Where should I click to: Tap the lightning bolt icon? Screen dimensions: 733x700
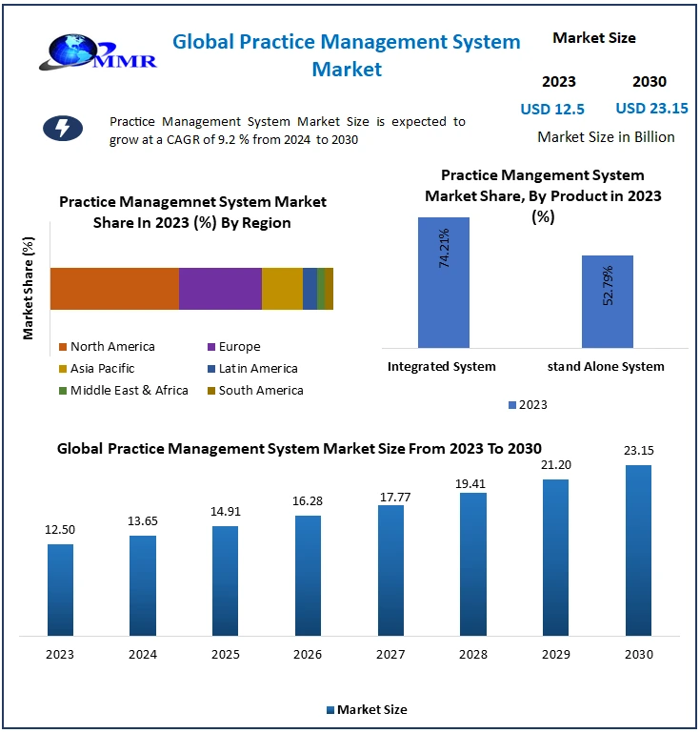click(x=63, y=129)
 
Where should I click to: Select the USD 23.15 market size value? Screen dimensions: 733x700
click(x=651, y=109)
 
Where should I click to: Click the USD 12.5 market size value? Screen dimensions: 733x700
click(x=552, y=109)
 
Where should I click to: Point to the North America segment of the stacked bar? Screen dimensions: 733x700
click(x=114, y=289)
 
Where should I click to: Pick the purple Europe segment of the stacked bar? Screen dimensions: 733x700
click(x=220, y=289)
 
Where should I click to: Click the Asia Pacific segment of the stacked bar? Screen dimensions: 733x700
click(x=282, y=289)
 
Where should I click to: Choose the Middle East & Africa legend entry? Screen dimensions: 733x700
click(x=124, y=390)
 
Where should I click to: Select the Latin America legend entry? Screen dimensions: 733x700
click(x=252, y=368)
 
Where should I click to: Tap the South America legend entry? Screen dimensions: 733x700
click(x=254, y=390)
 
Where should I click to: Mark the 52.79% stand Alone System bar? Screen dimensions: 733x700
click(x=607, y=302)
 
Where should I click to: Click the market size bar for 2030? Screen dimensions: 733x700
click(x=638, y=550)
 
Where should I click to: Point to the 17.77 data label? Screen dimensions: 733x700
click(x=390, y=492)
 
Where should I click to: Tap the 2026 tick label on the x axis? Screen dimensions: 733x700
click(x=308, y=655)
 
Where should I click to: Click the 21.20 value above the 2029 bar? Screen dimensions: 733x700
click(x=556, y=465)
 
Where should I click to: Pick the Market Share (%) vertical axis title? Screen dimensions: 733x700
click(x=29, y=288)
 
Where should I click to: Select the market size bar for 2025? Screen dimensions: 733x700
click(x=225, y=580)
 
